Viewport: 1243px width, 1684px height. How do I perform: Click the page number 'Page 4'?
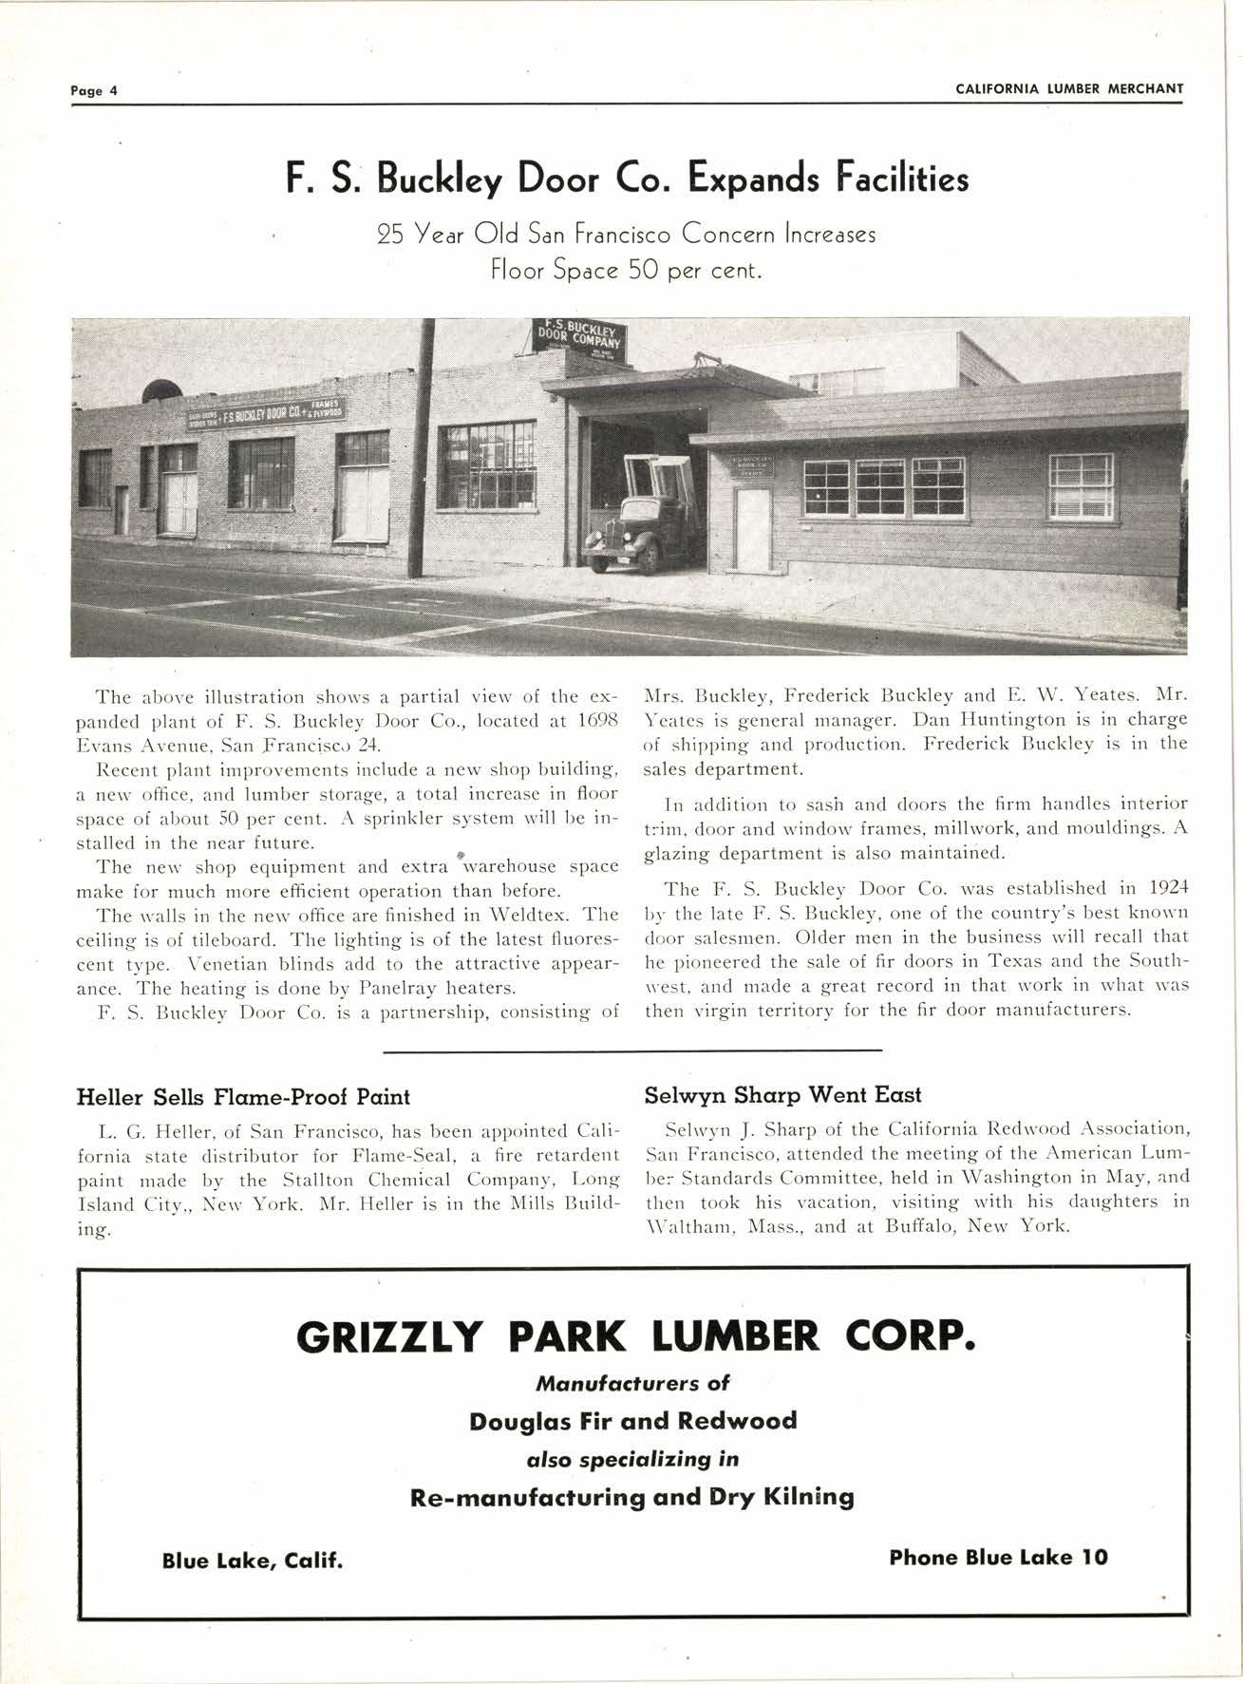[x=93, y=91]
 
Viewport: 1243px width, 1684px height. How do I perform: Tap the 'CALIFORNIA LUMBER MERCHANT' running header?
[x=1069, y=89]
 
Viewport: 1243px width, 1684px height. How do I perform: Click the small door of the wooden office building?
[x=753, y=528]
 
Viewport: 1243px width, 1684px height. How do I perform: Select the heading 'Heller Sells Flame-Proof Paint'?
[x=242, y=1097]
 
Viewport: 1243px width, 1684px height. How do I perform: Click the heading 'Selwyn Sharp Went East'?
[x=782, y=1095]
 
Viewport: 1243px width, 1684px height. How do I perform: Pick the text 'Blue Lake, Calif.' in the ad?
[x=252, y=1561]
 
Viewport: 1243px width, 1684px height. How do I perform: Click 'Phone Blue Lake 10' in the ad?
[x=998, y=1557]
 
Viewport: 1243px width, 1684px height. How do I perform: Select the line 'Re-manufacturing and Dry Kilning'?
[x=631, y=1498]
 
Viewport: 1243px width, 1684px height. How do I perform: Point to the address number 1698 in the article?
[x=596, y=721]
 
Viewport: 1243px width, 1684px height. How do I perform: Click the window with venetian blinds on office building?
[x=1081, y=486]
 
